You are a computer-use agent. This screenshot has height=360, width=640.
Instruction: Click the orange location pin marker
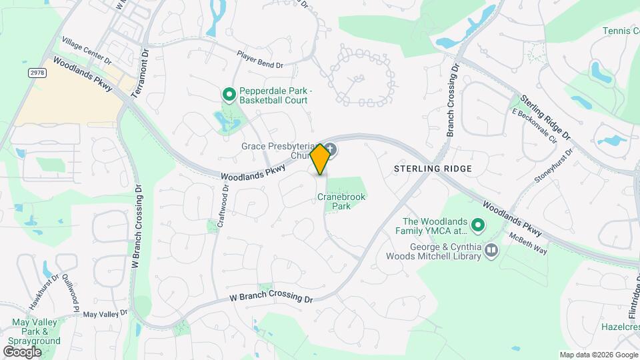(x=320, y=159)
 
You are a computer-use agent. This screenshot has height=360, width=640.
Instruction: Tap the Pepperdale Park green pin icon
(x=229, y=95)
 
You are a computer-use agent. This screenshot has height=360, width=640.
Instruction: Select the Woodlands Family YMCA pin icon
(x=477, y=226)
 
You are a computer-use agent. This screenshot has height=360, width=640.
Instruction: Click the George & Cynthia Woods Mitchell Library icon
(x=491, y=251)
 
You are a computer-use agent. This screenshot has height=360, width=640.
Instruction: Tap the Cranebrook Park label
(x=342, y=201)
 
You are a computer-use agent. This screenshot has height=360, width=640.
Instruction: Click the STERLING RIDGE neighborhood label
(x=433, y=169)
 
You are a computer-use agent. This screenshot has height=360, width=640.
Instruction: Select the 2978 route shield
(x=37, y=71)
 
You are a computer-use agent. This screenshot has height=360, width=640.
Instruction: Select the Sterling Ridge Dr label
(x=546, y=117)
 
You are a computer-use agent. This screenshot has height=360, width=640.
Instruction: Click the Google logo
(x=22, y=351)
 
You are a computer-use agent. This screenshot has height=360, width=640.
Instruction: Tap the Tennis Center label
(x=621, y=31)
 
